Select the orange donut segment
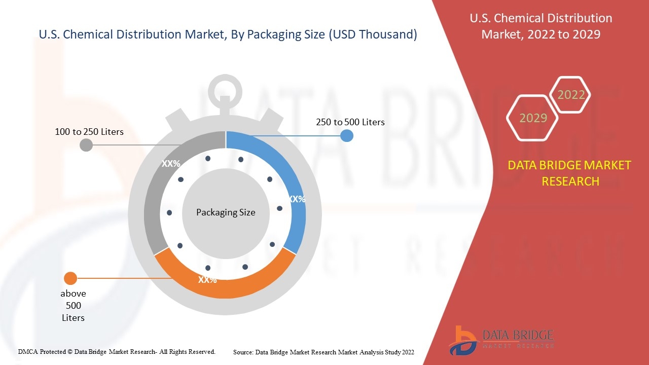coord(225,289)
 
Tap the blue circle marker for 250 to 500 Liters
coord(346,135)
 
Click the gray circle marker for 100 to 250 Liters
coord(86,145)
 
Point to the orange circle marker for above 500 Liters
coord(70,278)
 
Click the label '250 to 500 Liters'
coord(350,122)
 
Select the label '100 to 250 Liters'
coord(89,132)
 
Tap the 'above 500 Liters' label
coord(74,306)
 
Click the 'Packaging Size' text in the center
coord(226,212)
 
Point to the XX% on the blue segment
coord(297,199)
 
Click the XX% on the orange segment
coord(207,280)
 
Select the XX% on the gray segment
coord(171,164)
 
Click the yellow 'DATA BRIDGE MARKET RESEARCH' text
coord(569,173)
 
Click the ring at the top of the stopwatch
coord(225,76)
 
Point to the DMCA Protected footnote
coord(117,352)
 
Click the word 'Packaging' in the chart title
coord(285,34)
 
